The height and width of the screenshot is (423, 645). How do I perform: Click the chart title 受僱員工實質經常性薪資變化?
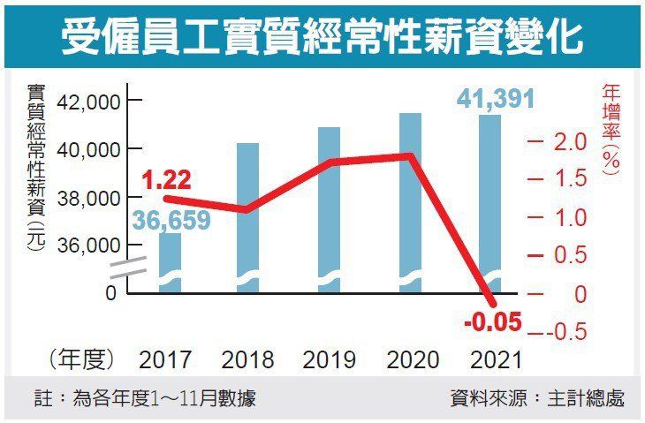(x=322, y=36)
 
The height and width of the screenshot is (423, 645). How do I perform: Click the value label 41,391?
(x=496, y=97)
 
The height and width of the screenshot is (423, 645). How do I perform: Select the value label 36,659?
(x=171, y=220)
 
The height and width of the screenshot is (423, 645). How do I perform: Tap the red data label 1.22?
(x=165, y=181)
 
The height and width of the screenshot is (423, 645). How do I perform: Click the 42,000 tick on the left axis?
(x=87, y=103)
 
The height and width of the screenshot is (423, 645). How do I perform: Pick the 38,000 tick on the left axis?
(x=87, y=199)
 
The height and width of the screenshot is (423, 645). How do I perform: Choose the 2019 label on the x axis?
(x=329, y=360)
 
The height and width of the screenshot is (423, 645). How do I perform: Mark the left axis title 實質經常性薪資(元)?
(x=35, y=168)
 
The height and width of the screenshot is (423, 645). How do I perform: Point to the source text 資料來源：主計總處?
(x=536, y=398)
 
